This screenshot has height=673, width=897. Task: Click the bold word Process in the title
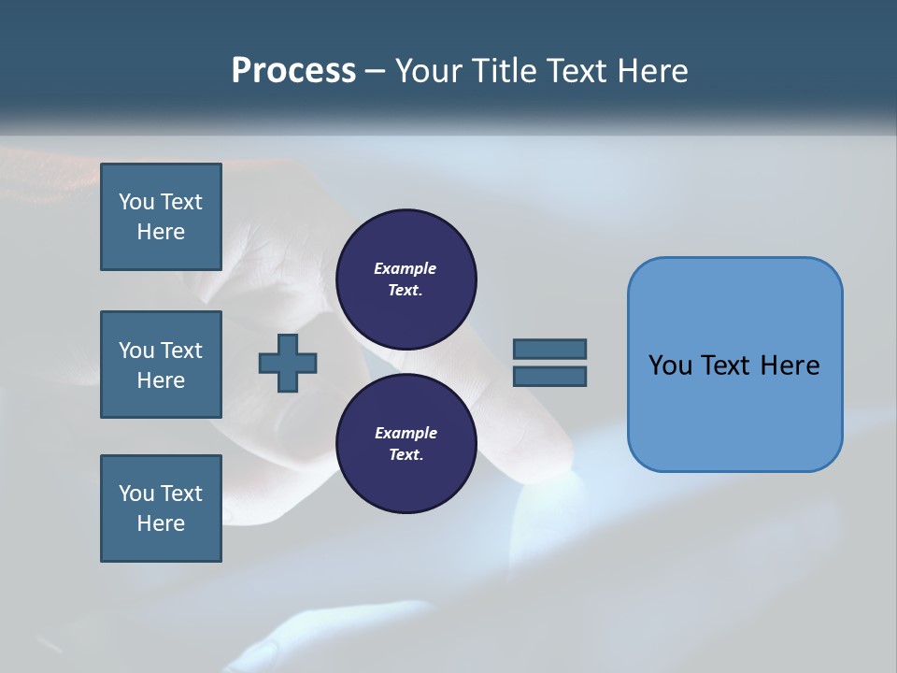tap(293, 71)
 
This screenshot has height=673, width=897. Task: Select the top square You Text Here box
tap(161, 217)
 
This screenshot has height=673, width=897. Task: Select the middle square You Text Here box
tap(161, 365)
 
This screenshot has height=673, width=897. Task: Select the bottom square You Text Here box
tap(161, 508)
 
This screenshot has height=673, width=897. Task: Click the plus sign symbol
tap(288, 363)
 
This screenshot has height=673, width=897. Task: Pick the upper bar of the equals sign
tap(549, 349)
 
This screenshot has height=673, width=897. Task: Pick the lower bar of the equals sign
tap(549, 376)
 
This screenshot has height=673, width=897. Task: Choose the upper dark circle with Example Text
tap(406, 279)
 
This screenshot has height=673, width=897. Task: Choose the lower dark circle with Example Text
tap(406, 444)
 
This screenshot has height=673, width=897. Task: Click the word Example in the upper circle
tap(406, 268)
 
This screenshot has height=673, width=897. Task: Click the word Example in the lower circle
tap(406, 433)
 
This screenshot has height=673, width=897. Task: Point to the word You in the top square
tap(136, 202)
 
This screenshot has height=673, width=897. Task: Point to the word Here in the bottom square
tap(161, 523)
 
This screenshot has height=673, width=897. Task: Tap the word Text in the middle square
tap(181, 351)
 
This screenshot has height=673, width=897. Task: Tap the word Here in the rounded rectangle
tap(790, 365)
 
